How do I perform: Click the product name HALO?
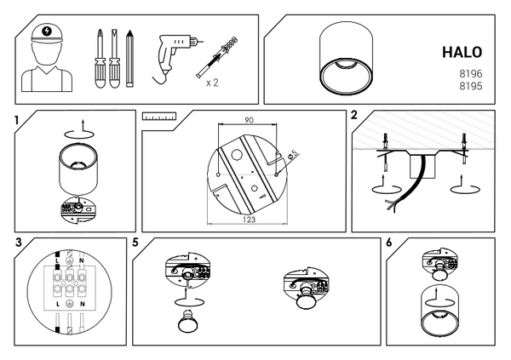462,52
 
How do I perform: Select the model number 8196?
471,74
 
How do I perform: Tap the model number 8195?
471,86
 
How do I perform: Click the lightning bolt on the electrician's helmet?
47,31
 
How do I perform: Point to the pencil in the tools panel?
130,59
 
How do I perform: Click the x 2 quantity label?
212,83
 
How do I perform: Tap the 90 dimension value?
249,120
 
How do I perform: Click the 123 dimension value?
249,220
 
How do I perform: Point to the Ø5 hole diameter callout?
293,154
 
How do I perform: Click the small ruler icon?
159,117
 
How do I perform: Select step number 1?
17,120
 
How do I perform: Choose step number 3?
19,243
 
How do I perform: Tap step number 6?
389,243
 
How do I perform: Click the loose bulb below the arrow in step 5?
187,322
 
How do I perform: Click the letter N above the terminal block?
82,260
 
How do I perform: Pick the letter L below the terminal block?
58,305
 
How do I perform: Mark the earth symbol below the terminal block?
69,304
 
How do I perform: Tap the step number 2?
354,115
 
